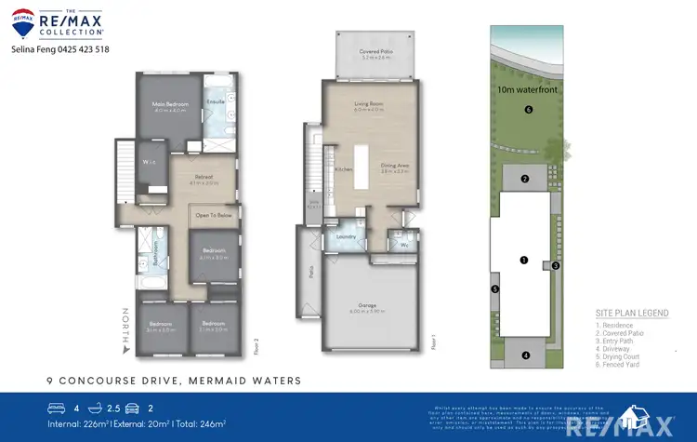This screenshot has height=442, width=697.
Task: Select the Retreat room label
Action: [x=204, y=176]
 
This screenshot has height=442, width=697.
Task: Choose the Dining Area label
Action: [x=395, y=167]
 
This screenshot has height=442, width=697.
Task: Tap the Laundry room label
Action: [x=346, y=236]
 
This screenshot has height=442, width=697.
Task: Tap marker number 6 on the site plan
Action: [x=528, y=110]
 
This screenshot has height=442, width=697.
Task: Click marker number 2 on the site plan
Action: [x=524, y=179]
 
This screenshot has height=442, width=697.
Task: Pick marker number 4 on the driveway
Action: [x=525, y=355]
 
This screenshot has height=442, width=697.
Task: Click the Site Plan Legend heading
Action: [x=632, y=314]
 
